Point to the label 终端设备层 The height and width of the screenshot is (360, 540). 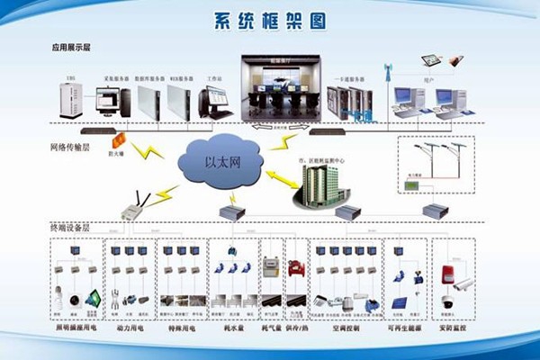[69, 229]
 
